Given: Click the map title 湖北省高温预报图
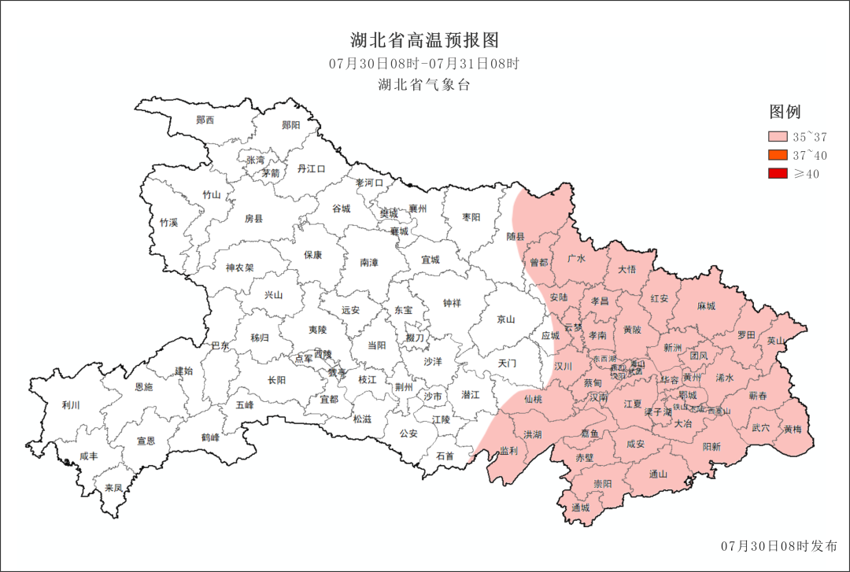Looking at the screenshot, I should [x=424, y=40].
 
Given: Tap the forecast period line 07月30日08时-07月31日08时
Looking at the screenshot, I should [x=424, y=64].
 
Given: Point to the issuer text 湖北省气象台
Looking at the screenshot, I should [x=424, y=85].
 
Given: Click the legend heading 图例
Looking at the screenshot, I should [x=785, y=112].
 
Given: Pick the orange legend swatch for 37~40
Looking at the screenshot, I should [x=778, y=155].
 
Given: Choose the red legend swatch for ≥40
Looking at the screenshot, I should [x=778, y=173].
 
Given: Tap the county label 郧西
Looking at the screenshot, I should [x=205, y=120].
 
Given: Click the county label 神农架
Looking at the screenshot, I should [x=239, y=268].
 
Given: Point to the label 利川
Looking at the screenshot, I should [x=71, y=406].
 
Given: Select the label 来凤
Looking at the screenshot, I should [x=113, y=488].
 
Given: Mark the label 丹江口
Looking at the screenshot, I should [x=311, y=168].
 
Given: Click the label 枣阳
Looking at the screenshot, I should [x=471, y=217].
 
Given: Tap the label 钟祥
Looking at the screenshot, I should [x=452, y=303].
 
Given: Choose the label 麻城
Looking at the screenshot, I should [x=706, y=306].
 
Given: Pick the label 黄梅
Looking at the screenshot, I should [x=793, y=430].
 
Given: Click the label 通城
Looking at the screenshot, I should [x=581, y=507].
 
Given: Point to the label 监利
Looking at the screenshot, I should [x=508, y=451].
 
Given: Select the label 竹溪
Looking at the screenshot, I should [x=168, y=223].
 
